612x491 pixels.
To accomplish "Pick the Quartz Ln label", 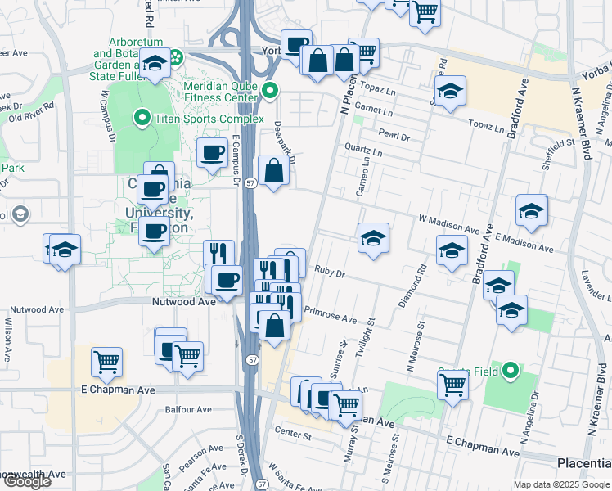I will tap(364, 151).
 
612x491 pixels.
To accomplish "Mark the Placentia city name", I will tap(583, 463).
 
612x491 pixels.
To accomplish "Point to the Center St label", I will tap(295, 432).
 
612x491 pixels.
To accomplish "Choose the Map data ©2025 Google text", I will tap(561, 484).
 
